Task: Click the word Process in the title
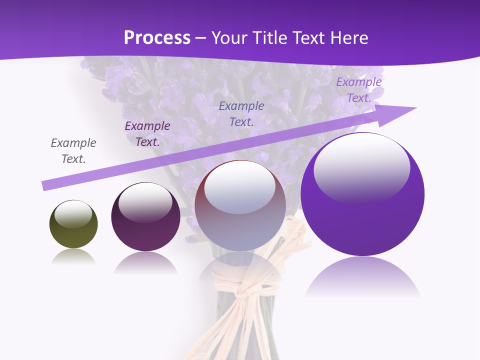click(x=157, y=38)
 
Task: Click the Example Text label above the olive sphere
click(x=73, y=150)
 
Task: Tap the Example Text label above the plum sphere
click(x=147, y=133)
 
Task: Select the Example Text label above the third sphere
click(x=241, y=113)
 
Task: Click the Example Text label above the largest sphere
click(x=359, y=89)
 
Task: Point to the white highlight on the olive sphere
click(x=73, y=213)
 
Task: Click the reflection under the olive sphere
click(x=73, y=257)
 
